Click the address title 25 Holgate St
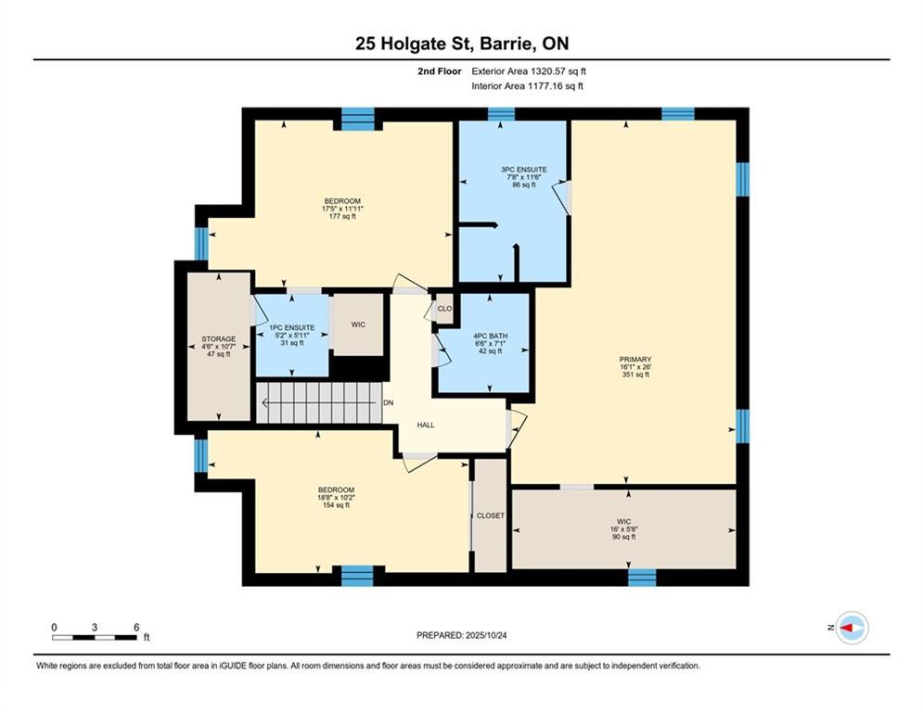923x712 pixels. [461, 44]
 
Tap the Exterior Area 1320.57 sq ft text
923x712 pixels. [529, 70]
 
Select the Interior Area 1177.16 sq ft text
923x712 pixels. [528, 86]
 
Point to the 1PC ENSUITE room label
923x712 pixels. [292, 327]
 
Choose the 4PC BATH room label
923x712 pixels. [489, 336]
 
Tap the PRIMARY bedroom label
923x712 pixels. [635, 360]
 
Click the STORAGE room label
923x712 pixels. [219, 339]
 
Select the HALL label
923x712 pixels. [426, 426]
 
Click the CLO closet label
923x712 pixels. [444, 309]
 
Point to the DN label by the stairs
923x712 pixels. [390, 402]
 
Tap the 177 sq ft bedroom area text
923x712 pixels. [341, 217]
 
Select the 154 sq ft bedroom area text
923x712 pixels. [336, 505]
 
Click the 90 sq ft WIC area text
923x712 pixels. [622, 538]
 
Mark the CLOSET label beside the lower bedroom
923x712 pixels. [491, 515]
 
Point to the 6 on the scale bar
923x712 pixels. [136, 628]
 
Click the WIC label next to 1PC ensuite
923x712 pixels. [357, 325]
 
